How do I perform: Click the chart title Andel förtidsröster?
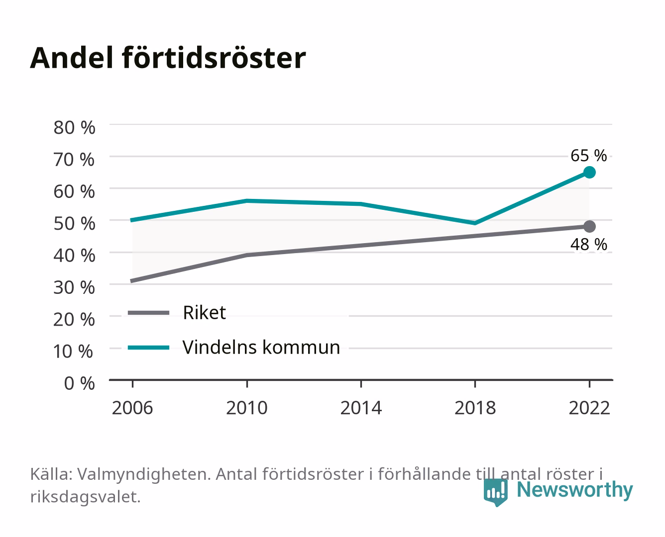[168, 58]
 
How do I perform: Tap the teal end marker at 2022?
[589, 172]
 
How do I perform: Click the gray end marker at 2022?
[589, 226]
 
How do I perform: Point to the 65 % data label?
[588, 155]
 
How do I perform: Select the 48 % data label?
[588, 244]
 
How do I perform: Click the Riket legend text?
[204, 312]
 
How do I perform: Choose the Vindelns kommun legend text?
[261, 347]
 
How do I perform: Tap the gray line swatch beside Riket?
[149, 312]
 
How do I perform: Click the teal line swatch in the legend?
[149, 348]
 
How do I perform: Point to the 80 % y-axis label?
[74, 128]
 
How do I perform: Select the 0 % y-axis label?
[79, 383]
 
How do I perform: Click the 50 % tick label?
[74, 223]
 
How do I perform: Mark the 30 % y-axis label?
[74, 287]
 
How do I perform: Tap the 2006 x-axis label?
[132, 408]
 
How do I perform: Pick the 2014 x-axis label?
[361, 408]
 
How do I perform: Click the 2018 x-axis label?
[475, 408]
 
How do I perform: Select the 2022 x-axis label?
[589, 408]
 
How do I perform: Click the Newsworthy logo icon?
[496, 492]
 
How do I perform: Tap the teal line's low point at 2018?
[475, 223]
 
